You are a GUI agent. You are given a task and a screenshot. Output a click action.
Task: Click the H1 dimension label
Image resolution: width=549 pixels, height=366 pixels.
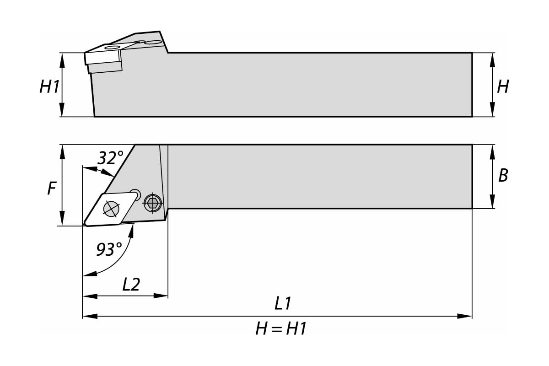tap(49, 86)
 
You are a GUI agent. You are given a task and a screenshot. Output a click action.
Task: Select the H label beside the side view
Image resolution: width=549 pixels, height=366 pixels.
tap(503, 86)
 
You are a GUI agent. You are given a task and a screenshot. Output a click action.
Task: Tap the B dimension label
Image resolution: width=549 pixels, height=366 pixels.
tap(503, 175)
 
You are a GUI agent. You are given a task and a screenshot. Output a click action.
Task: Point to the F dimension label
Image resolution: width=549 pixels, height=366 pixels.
tap(52, 188)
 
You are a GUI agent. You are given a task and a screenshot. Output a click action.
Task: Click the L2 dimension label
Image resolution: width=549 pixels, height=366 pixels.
tap(131, 285)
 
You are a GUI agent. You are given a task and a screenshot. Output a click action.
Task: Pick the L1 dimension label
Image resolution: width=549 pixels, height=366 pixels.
tap(283, 303)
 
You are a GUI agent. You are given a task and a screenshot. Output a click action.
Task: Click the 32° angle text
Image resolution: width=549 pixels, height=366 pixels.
tap(111, 158)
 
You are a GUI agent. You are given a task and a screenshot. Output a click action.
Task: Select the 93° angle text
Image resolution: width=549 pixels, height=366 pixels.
tap(109, 249)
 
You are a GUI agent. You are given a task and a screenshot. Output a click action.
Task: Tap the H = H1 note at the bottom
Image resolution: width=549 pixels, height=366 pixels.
tap(281, 329)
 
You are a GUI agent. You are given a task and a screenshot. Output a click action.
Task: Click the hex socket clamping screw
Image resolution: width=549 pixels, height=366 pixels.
tap(153, 203)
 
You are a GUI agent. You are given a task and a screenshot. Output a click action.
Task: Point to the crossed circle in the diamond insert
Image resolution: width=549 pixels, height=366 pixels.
tap(111, 209)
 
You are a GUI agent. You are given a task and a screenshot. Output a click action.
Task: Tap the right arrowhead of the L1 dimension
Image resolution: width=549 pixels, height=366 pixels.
tap(464, 316)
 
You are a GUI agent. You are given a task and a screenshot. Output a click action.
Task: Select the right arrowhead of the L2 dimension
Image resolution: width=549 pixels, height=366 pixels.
tap(161, 296)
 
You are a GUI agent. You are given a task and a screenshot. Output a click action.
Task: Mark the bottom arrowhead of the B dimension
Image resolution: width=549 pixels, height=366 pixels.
tap(492, 201)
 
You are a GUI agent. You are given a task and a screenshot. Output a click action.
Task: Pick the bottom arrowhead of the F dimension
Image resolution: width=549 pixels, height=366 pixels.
tap(62, 218)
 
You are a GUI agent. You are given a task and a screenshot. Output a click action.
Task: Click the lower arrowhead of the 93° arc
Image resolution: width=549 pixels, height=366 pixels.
tap(90, 274)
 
